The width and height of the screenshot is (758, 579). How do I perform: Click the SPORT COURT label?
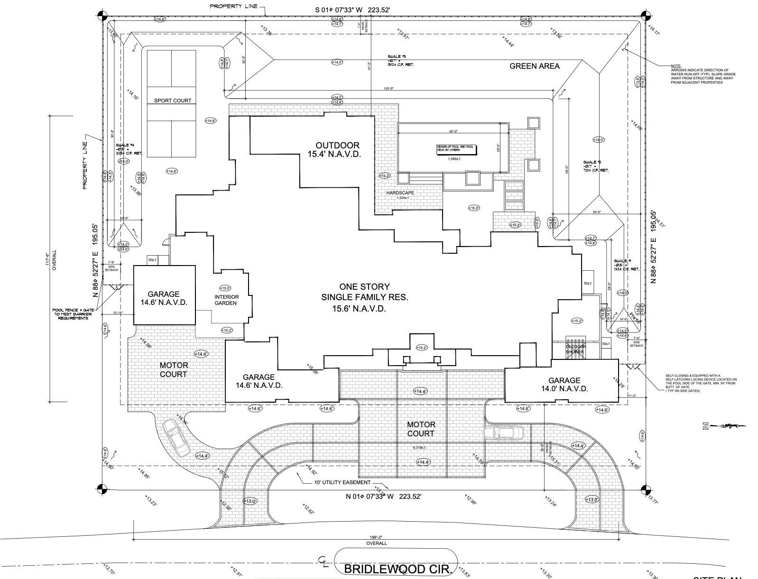click(173, 101)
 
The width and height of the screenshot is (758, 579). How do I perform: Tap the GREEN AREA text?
click(534, 66)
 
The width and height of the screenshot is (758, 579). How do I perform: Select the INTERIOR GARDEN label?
click(226, 300)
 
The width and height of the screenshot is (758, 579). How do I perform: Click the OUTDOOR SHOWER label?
click(575, 349)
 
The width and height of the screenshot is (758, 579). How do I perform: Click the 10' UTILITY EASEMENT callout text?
click(342, 482)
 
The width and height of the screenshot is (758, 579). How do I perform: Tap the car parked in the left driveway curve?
click(176, 437)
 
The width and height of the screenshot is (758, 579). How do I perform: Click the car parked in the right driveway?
click(503, 432)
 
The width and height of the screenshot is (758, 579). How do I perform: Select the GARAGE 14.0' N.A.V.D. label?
click(564, 384)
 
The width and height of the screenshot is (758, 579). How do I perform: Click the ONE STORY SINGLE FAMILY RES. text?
click(364, 297)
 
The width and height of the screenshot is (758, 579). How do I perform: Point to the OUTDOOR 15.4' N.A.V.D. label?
click(337, 149)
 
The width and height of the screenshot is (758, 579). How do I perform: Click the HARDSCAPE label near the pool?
click(400, 193)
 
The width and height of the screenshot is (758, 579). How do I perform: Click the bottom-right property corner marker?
click(645, 489)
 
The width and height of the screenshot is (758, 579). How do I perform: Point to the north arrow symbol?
click(723, 426)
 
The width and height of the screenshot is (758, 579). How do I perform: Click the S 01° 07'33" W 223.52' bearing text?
click(353, 9)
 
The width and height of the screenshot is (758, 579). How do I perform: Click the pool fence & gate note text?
click(73, 314)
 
